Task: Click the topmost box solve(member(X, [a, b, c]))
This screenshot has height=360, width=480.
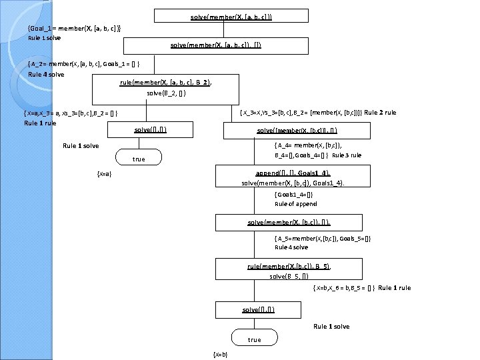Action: point(231,15)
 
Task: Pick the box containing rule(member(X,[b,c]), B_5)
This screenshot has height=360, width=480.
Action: point(289,270)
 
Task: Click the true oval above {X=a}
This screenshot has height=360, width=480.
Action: point(139,159)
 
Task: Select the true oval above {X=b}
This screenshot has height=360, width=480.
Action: point(254,339)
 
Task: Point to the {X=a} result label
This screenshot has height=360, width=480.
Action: point(104,174)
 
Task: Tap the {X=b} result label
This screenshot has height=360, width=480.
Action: point(219,354)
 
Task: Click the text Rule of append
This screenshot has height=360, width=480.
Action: point(296,204)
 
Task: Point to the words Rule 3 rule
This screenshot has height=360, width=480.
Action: point(347,155)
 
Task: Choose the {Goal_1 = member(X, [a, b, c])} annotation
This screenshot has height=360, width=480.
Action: point(74,28)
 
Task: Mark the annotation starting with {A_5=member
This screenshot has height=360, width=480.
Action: point(323,238)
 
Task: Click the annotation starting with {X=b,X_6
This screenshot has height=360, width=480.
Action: point(344,288)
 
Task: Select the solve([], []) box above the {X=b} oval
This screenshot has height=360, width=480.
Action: point(259,310)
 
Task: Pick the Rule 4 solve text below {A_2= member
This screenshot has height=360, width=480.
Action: point(46,74)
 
